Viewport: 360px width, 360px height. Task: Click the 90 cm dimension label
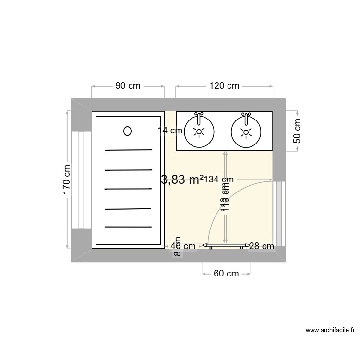[x=128, y=86]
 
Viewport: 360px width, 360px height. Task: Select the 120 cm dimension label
[x=224, y=86]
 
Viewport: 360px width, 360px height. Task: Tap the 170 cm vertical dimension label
[x=67, y=180]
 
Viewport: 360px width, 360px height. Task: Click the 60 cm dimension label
[x=226, y=274]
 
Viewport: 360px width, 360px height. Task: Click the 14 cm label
[x=170, y=130]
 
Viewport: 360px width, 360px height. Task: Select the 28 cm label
[x=262, y=246]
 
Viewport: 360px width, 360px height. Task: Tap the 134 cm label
[x=219, y=180]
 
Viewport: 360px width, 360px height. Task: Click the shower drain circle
[x=127, y=131]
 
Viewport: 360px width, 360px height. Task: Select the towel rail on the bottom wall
[x=226, y=245]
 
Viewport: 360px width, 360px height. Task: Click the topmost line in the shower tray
[x=128, y=150]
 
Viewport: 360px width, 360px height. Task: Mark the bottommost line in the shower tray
[x=128, y=227]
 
